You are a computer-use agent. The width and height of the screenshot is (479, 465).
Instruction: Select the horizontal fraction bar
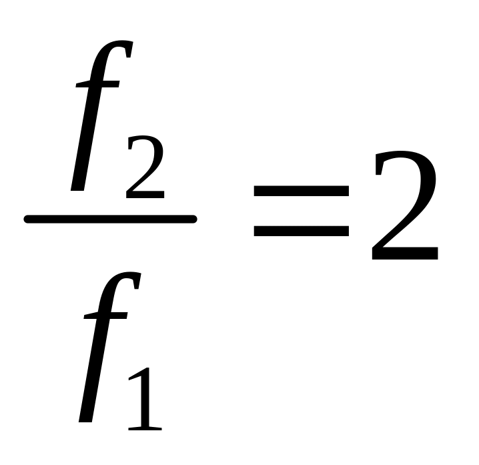click(x=110, y=219)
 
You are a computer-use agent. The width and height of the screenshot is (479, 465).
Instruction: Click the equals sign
click(x=301, y=212)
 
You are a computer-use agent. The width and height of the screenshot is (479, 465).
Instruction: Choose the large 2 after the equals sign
click(x=404, y=207)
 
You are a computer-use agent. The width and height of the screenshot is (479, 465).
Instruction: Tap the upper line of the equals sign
click(x=301, y=192)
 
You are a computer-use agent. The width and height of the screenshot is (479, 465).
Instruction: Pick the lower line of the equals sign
click(x=301, y=232)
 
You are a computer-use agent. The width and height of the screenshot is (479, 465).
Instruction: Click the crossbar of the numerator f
click(x=97, y=85)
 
